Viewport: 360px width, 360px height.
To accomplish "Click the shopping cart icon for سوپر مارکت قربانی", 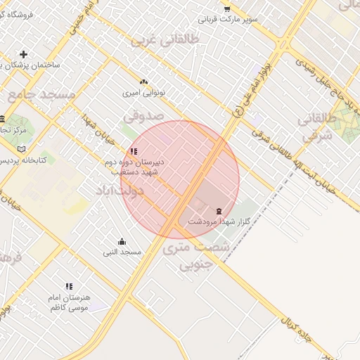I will click(x=226, y=8).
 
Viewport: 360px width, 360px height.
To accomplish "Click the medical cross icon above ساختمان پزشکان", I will click(x=24, y=54).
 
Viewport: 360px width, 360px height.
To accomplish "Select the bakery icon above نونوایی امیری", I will click(x=144, y=82).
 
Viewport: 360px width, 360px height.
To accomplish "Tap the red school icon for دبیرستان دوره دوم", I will click(x=134, y=151).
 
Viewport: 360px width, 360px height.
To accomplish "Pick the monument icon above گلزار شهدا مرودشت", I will click(x=219, y=211).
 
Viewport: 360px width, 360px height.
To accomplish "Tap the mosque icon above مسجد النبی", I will click(x=122, y=241).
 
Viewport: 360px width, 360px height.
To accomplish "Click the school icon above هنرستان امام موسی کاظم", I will click(x=69, y=286).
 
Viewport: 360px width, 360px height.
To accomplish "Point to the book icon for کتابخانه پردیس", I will click(x=21, y=149).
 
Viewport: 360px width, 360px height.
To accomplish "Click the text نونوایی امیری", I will click(x=143, y=92).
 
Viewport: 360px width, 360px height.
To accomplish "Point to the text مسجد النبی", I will click(x=122, y=252).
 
